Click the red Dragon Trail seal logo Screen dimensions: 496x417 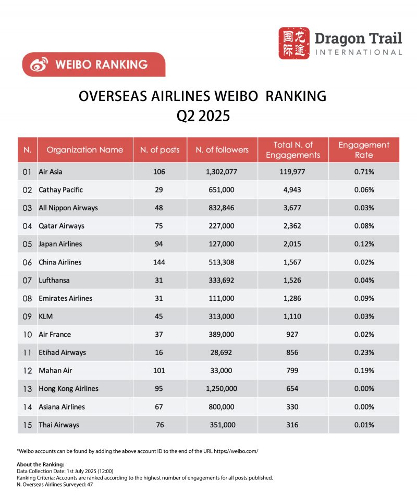(x=293, y=43)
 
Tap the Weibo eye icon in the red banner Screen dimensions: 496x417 (x=39, y=65)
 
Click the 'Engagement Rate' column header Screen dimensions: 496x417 (x=364, y=150)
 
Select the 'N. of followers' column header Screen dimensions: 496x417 (x=222, y=150)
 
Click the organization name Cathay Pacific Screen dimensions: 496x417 (x=60, y=190)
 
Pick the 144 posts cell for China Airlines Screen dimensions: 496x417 (x=159, y=262)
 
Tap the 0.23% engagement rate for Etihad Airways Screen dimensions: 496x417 (x=364, y=352)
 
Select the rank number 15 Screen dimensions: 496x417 (x=28, y=425)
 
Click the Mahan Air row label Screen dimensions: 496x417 (x=55, y=371)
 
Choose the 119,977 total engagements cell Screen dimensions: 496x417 (x=292, y=172)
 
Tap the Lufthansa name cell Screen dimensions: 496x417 (x=54, y=280)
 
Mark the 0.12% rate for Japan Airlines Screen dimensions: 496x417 (x=364, y=244)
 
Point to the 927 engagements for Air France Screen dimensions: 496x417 (x=292, y=334)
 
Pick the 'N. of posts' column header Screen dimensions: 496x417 (x=160, y=150)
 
